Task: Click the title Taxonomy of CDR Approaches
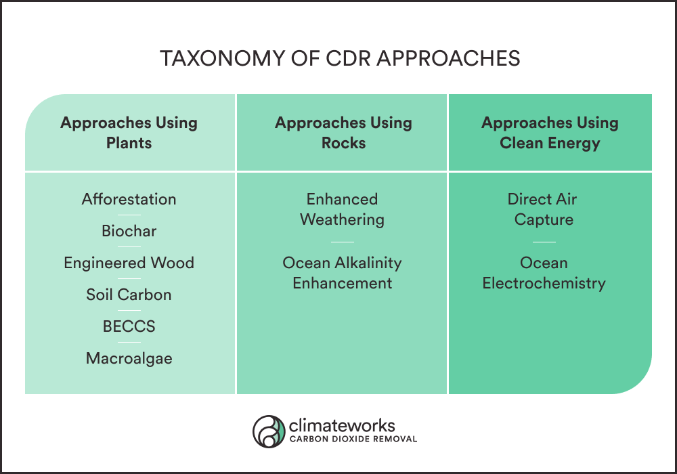point(340,58)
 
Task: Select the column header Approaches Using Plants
point(129,133)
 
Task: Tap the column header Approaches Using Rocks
point(343,133)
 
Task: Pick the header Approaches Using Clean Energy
point(550,133)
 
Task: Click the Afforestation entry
point(129,199)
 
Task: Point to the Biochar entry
point(129,231)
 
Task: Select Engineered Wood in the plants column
point(129,263)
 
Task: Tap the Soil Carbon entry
point(129,295)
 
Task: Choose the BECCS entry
point(129,326)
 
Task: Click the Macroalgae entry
point(129,358)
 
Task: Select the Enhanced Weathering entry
point(342,209)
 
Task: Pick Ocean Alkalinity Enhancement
point(342,273)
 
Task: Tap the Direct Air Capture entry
point(544,209)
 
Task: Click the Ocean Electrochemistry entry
point(544,273)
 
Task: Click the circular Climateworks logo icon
point(269,431)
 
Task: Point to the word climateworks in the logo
point(341,426)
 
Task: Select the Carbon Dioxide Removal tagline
point(353,439)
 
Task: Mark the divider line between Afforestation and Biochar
point(129,215)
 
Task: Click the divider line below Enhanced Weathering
point(343,242)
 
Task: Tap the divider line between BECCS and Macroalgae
point(129,343)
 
